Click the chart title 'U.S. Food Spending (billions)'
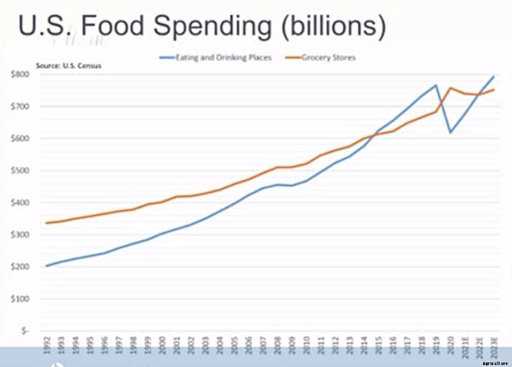pyautogui.click(x=202, y=26)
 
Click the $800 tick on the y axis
pyautogui.click(x=21, y=74)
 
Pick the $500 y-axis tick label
pyautogui.click(x=21, y=170)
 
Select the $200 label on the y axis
pyautogui.click(x=21, y=267)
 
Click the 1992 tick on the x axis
pyautogui.click(x=47, y=346)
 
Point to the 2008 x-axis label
pyautogui.click(x=277, y=346)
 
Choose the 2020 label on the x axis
pyautogui.click(x=450, y=346)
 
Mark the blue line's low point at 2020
pyautogui.click(x=450, y=133)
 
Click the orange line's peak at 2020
pyautogui.click(x=450, y=88)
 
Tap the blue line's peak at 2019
pyautogui.click(x=436, y=85)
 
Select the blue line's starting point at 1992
pyautogui.click(x=47, y=266)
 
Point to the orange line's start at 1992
pyautogui.click(x=47, y=223)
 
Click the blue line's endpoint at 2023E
pyautogui.click(x=494, y=76)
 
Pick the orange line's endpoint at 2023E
pyautogui.click(x=494, y=89)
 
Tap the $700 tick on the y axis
pyautogui.click(x=21, y=106)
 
